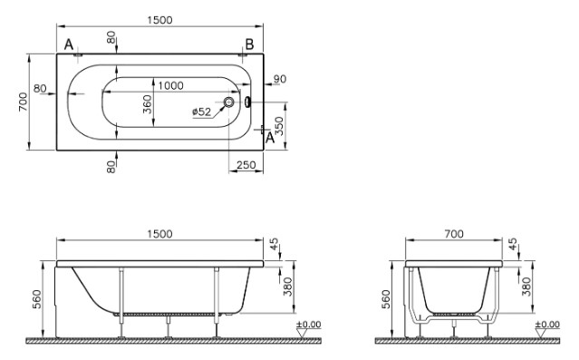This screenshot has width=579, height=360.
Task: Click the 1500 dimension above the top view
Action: tap(159, 20)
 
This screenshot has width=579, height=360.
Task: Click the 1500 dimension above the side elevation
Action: tap(159, 234)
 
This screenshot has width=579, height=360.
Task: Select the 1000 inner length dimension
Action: tap(170, 86)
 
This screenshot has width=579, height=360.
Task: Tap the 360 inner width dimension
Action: tap(148, 104)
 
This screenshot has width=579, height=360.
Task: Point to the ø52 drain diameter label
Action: tap(202, 112)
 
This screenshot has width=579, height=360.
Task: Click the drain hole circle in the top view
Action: tap(229, 102)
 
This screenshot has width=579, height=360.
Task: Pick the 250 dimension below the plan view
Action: tap(246, 165)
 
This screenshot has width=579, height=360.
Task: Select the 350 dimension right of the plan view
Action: tap(280, 126)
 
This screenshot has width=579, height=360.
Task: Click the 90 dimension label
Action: tap(280, 79)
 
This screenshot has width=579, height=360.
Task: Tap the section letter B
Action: tap(249, 44)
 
